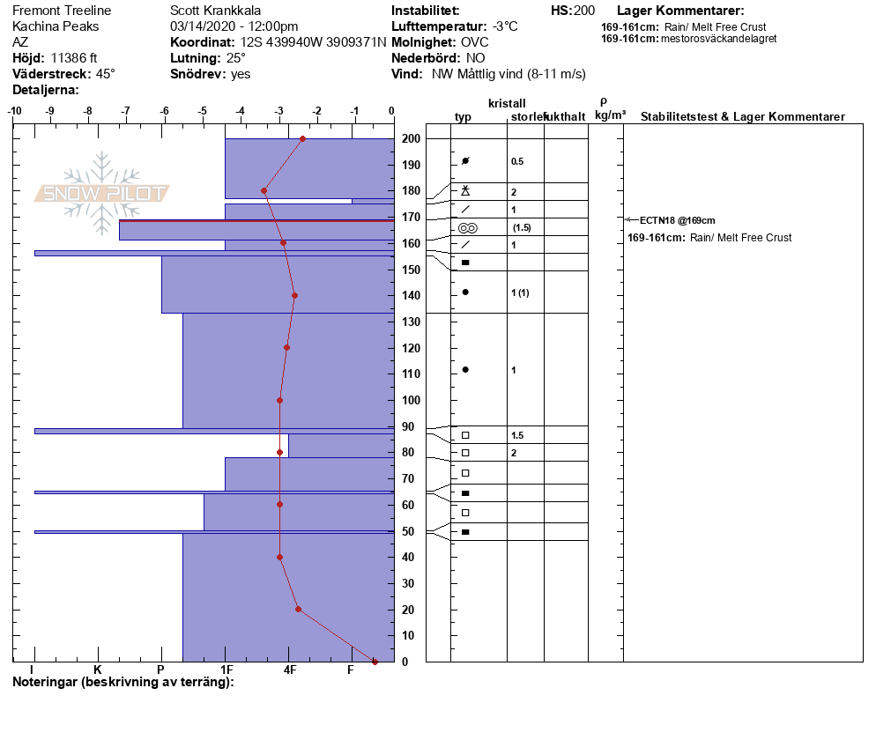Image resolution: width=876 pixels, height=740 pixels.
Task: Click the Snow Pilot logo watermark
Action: click(102, 193)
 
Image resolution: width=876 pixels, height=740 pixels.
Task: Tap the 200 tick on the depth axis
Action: click(411, 139)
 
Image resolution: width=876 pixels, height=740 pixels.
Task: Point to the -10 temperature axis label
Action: click(15, 111)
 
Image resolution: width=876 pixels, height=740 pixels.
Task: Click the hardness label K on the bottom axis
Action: click(97, 670)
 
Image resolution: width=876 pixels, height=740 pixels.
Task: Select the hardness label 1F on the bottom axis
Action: click(226, 670)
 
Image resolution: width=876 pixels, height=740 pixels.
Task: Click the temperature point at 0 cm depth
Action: click(375, 662)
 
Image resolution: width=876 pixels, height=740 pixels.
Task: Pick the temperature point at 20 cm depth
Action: click(298, 609)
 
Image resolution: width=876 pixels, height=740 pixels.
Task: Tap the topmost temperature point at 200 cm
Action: click(302, 138)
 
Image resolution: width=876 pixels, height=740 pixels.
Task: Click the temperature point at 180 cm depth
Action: click(264, 190)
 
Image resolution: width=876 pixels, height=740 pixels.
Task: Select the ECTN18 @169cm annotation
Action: click(677, 220)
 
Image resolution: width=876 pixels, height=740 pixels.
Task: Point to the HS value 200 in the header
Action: click(584, 11)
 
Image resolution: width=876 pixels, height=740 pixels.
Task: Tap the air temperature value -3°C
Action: click(505, 26)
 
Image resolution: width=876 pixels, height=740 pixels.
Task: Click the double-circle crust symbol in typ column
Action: click(467, 228)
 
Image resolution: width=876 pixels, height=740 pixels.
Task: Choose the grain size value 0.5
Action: click(517, 161)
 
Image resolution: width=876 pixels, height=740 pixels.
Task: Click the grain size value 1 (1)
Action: click(520, 292)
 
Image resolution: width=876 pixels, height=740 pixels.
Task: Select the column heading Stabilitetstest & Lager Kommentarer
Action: click(742, 117)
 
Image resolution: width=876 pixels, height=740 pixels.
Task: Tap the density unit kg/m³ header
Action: click(610, 115)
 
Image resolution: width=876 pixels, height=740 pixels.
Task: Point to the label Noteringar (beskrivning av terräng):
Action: click(122, 682)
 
